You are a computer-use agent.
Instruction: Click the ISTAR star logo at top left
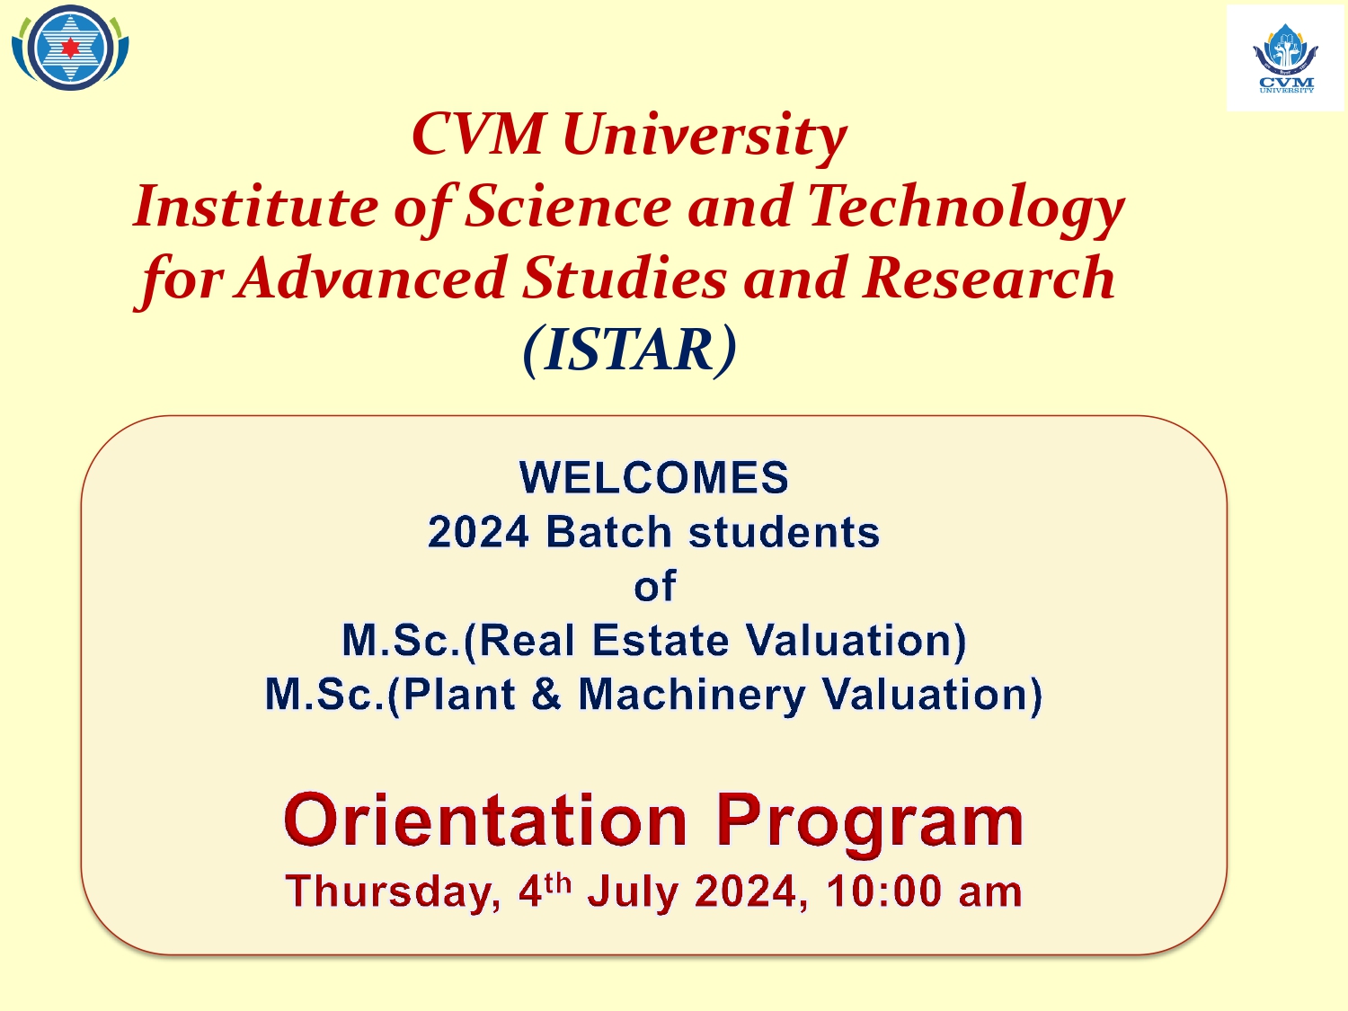71,48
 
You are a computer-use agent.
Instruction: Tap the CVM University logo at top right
1285,59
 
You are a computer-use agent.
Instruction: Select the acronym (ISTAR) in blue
629,349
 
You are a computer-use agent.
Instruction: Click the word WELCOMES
654,477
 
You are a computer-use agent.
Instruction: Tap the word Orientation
485,820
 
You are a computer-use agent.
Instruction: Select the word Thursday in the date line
393,891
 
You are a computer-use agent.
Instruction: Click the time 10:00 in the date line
883,891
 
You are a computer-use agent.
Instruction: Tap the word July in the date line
634,893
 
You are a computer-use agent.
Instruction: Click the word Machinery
691,696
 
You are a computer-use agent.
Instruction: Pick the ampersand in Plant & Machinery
546,695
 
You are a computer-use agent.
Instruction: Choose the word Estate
661,640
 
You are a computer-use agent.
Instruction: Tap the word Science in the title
567,206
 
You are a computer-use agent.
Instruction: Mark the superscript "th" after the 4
558,882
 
